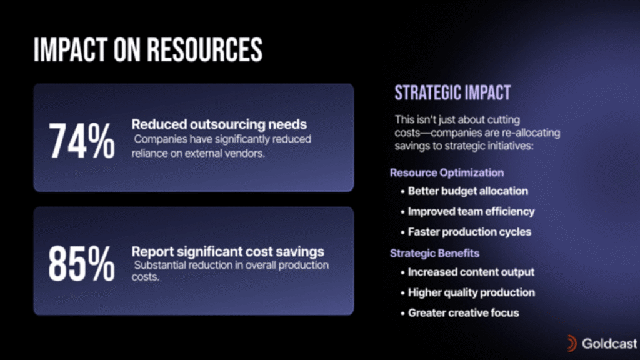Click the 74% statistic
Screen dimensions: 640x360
tap(82, 141)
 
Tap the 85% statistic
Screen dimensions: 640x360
tap(82, 264)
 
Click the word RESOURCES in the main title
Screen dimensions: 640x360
tap(204, 50)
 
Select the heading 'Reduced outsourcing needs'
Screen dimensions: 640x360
tap(219, 124)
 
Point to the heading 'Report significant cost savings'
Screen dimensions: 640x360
tap(227, 251)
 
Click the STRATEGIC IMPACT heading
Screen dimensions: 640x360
tap(452, 92)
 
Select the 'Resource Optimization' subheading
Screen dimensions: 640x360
tap(447, 172)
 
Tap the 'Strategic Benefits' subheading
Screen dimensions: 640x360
tap(435, 253)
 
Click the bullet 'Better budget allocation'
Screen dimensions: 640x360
tap(467, 191)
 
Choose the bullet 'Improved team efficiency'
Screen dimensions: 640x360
tap(471, 211)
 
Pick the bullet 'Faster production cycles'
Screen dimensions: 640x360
tap(469, 232)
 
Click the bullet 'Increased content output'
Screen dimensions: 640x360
tap(471, 272)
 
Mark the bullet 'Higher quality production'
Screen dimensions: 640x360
tap(471, 292)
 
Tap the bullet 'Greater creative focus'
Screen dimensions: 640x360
tap(463, 312)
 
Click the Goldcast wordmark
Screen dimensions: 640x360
tap(609, 344)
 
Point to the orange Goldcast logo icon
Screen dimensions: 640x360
tap(572, 344)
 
